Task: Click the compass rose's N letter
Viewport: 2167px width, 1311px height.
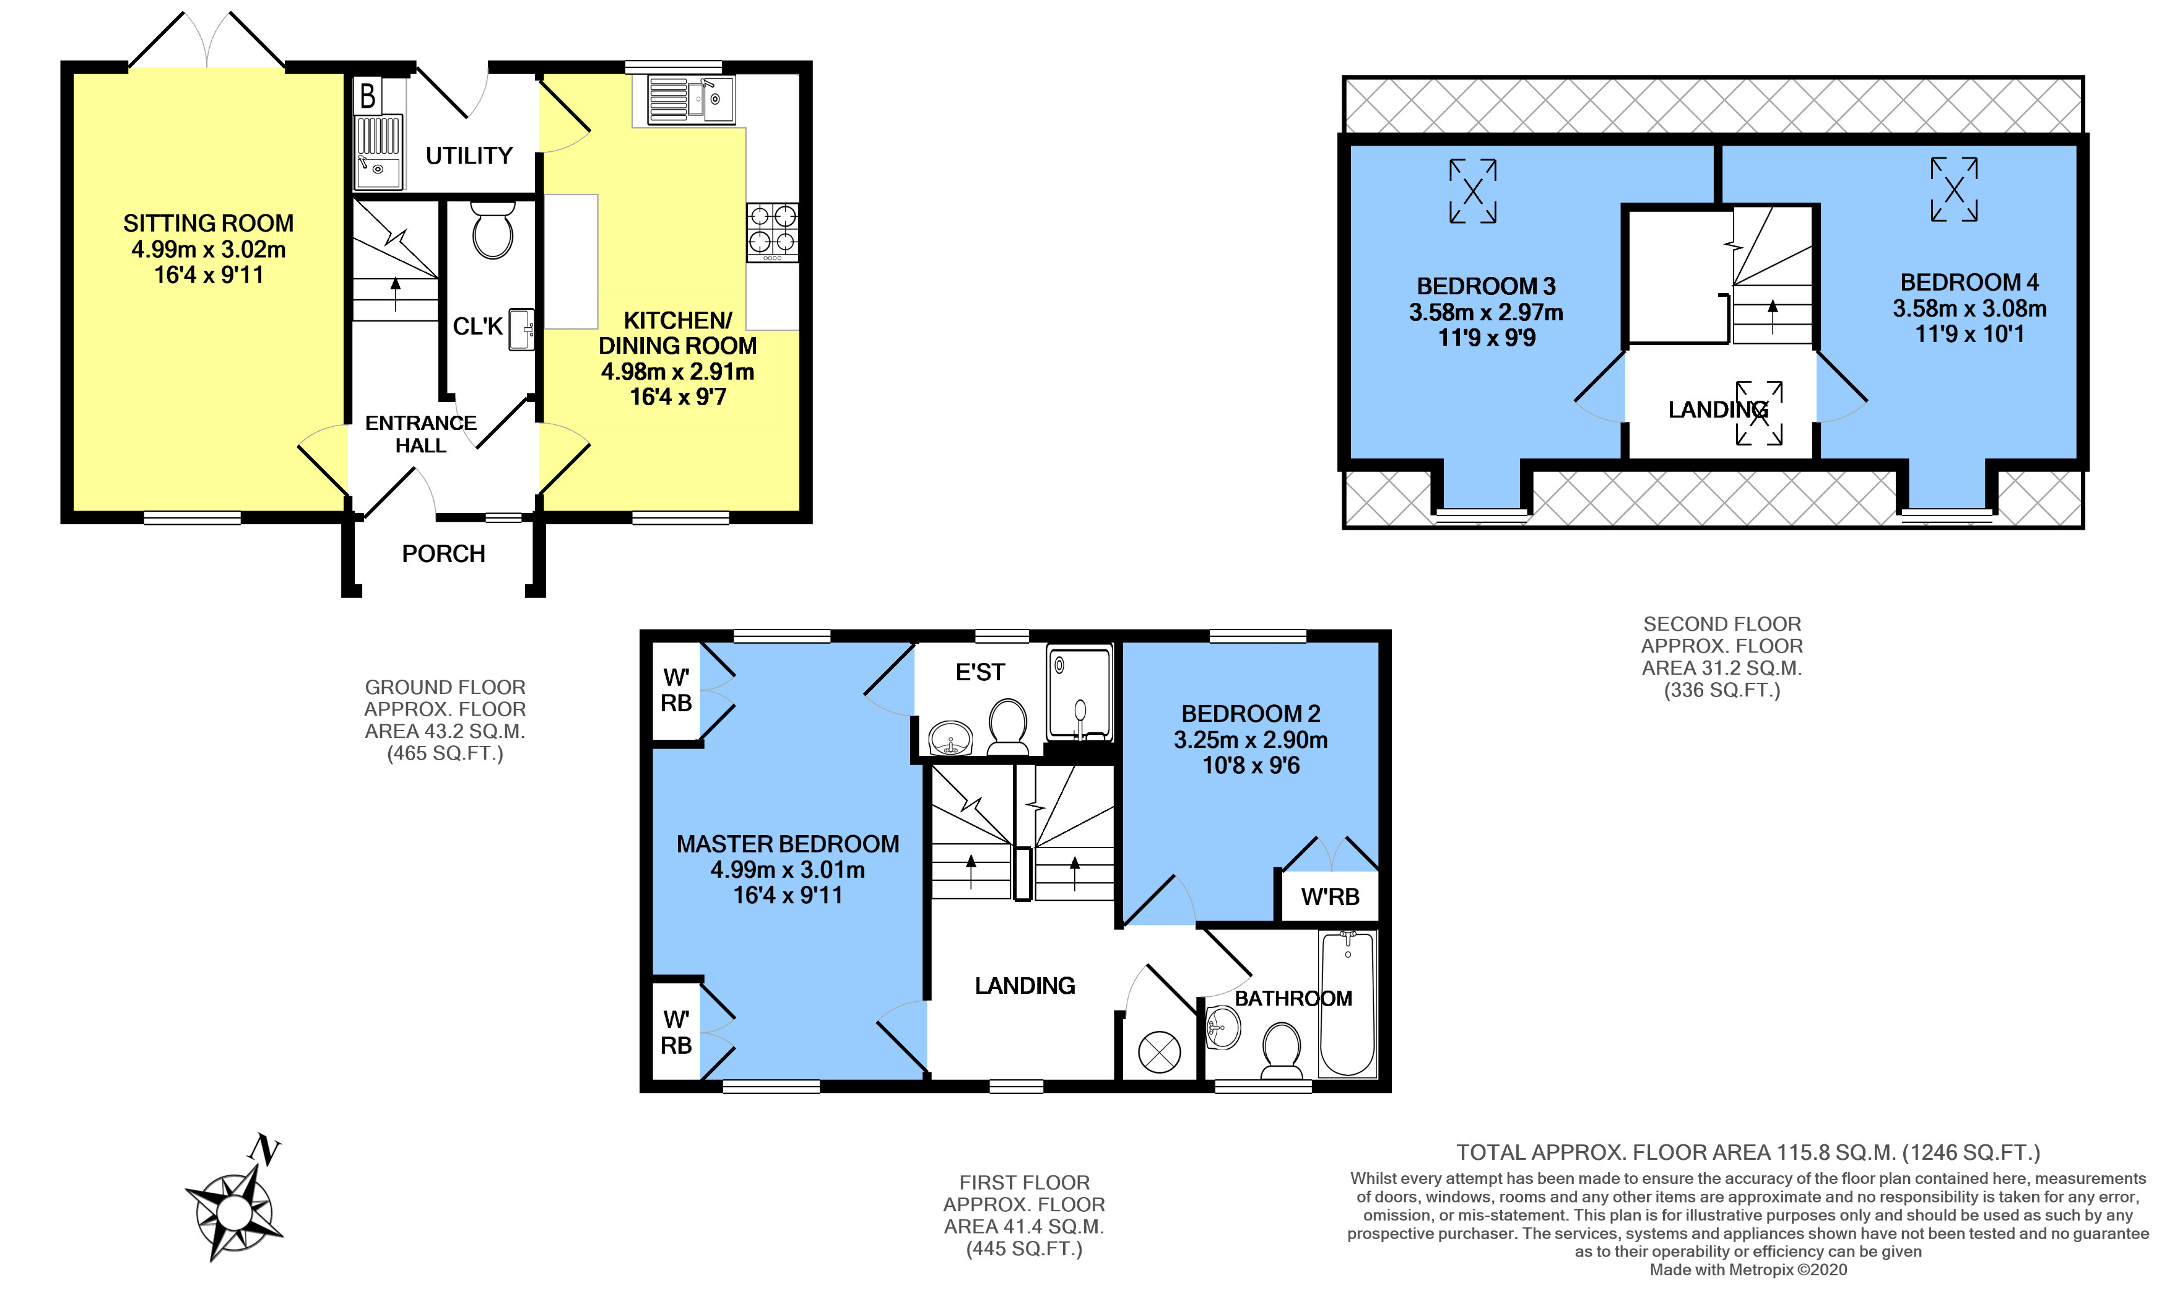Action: (x=264, y=1149)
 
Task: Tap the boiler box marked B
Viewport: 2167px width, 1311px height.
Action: (x=368, y=95)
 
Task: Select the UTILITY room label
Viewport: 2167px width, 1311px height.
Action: (x=469, y=156)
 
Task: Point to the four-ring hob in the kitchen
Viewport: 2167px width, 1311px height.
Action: (x=772, y=232)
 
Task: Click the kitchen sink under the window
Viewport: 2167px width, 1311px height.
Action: (x=691, y=99)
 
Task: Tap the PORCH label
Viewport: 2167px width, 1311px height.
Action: (x=443, y=553)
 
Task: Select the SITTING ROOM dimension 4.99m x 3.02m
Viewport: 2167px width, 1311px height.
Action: (x=209, y=249)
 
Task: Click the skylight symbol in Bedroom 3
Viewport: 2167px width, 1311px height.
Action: (x=1473, y=191)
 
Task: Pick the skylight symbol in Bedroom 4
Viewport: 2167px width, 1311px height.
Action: (x=1954, y=189)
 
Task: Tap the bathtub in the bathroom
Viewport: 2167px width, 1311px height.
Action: (x=1347, y=1004)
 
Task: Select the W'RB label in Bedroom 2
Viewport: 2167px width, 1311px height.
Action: (x=1330, y=897)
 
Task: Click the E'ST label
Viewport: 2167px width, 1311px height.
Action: (x=979, y=672)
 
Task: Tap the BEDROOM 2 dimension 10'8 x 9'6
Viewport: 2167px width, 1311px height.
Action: (x=1251, y=766)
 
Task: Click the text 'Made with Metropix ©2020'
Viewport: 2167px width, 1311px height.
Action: (x=1747, y=1269)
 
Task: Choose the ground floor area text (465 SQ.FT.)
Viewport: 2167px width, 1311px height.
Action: (x=445, y=753)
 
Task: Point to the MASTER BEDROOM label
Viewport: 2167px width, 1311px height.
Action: (x=788, y=844)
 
